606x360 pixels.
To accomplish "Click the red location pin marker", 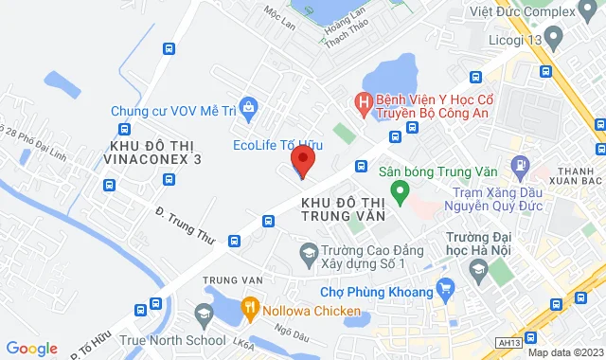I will [x=301, y=159].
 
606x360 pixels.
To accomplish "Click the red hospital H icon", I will [x=362, y=99].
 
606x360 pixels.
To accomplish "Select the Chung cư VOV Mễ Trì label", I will [x=173, y=111].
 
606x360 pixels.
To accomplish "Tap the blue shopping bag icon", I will [x=248, y=107].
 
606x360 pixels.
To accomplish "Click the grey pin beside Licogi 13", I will [x=554, y=36].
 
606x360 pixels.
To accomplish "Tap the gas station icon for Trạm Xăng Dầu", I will [x=520, y=166].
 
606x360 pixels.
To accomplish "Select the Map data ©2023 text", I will [x=564, y=352].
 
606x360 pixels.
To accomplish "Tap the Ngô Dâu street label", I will [x=290, y=333].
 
